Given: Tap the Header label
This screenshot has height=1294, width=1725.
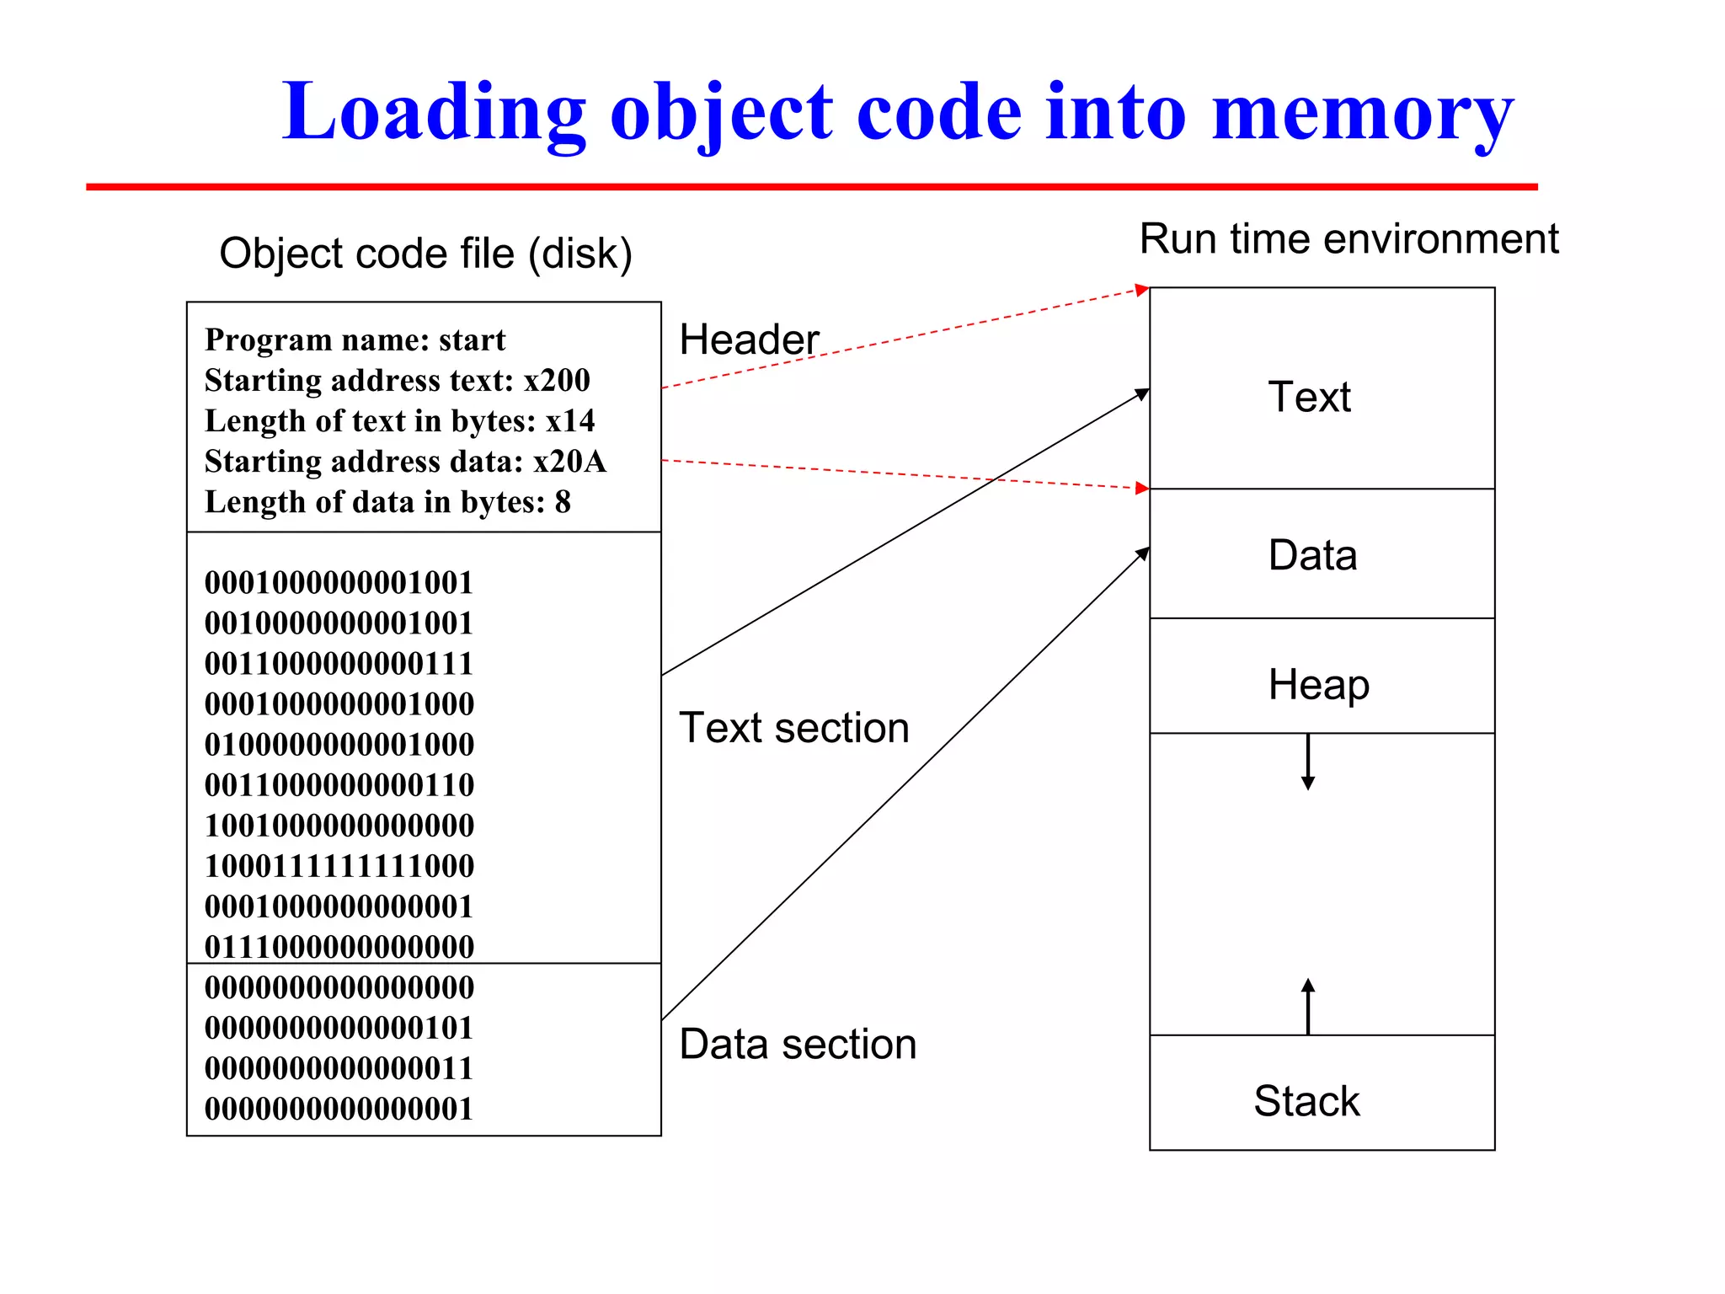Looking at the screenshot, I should [x=749, y=340].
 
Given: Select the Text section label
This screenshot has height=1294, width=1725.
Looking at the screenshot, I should [x=793, y=727].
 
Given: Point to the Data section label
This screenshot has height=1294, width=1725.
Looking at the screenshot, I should [x=797, y=1044].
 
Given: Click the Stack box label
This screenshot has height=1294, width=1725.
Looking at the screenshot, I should [x=1306, y=1100].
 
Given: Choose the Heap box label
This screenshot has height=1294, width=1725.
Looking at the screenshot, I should [x=1318, y=683].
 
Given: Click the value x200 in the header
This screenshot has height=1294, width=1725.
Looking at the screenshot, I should [x=557, y=380].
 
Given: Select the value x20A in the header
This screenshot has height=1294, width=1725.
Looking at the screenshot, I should [x=569, y=461].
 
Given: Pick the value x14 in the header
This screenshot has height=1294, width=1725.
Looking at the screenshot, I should [x=569, y=420].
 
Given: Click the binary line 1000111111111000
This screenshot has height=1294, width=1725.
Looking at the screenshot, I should [x=339, y=865].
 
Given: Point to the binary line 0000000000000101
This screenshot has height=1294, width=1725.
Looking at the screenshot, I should [x=339, y=1027].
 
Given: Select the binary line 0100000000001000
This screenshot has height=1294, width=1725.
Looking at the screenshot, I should [x=339, y=744].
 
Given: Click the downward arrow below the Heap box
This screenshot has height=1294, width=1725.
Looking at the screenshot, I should [x=1307, y=762].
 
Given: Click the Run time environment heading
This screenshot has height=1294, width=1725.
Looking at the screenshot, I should [x=1348, y=238].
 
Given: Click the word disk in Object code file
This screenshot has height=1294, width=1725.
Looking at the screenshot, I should [x=579, y=254].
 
